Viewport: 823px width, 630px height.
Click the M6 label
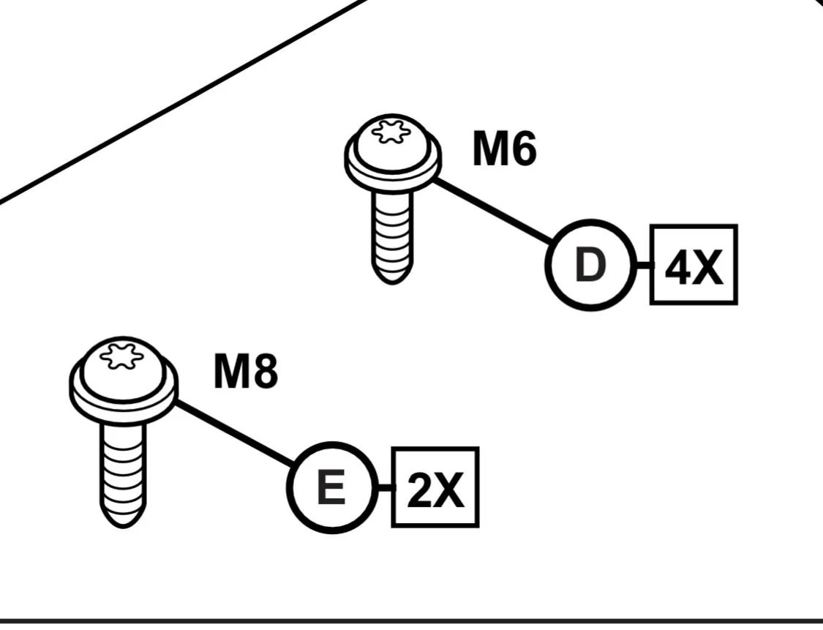[504, 149]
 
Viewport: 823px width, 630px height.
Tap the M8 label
[246, 371]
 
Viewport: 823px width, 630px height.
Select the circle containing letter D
[590, 265]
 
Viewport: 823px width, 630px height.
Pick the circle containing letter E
[332, 488]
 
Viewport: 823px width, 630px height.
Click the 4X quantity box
[694, 265]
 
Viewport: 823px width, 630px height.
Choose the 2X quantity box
[435, 487]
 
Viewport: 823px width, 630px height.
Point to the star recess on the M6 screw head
[390, 131]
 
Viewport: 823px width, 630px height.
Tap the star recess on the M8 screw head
[121, 356]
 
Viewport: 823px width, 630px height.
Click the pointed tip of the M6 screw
[392, 283]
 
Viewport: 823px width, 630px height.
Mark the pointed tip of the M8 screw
[123, 527]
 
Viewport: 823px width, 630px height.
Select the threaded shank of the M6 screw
[392, 231]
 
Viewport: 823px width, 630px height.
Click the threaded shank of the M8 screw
[123, 468]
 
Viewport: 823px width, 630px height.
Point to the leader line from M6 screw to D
[492, 211]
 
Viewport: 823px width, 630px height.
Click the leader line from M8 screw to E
[235, 433]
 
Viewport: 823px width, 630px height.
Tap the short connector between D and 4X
[643, 266]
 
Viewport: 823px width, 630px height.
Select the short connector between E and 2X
[385, 488]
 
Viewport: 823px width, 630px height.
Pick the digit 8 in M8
[266, 371]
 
